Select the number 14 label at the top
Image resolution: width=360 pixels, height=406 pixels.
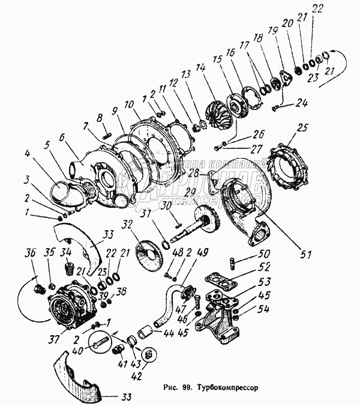(x=207, y=70)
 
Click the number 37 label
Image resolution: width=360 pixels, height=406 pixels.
(x=55, y=340)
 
